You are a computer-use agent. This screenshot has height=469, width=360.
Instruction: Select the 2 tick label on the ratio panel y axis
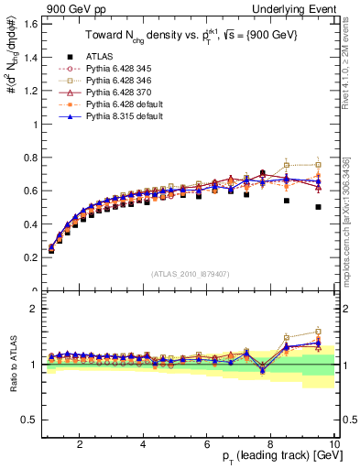coord(34,309)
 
